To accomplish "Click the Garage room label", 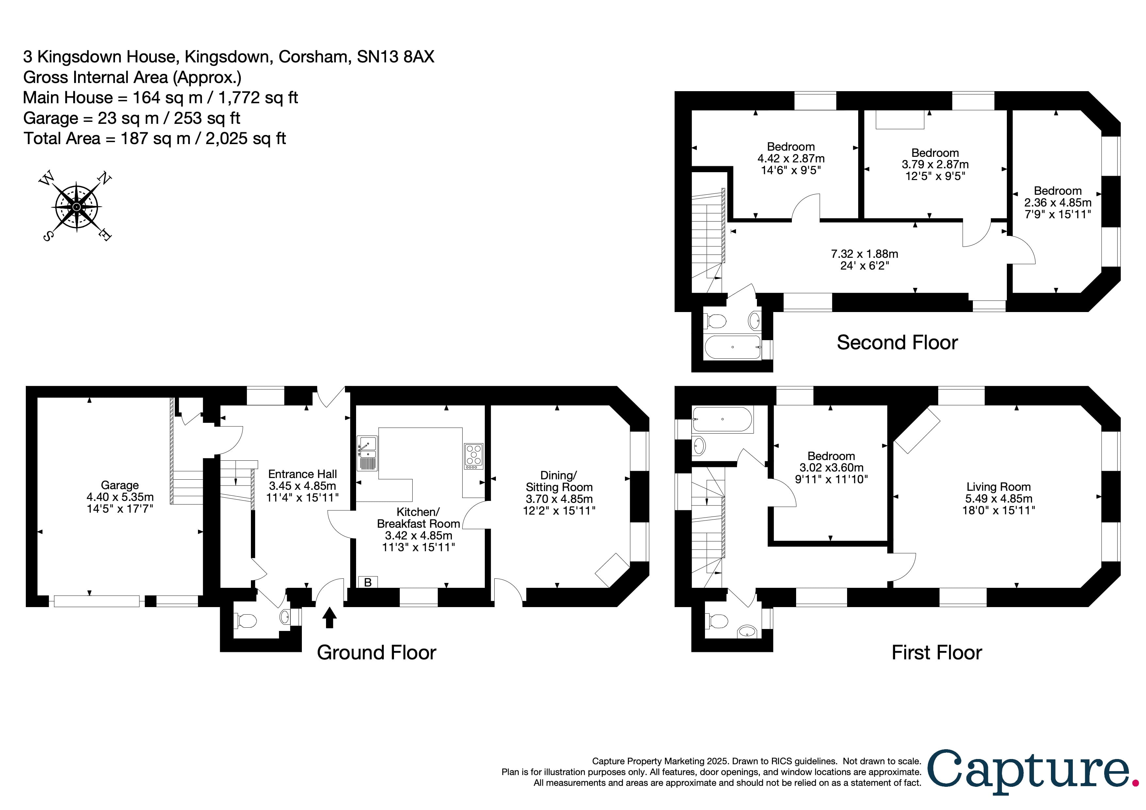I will tap(120, 485).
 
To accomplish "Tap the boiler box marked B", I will tap(368, 582).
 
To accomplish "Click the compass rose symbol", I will tap(76, 207).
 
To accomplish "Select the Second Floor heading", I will tap(897, 343).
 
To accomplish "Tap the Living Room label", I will tap(998, 487).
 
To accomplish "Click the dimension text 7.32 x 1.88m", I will tap(864, 254).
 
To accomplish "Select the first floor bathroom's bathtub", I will tap(722, 419).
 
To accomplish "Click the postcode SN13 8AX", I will tap(395, 57).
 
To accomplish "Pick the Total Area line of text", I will tap(155, 138).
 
